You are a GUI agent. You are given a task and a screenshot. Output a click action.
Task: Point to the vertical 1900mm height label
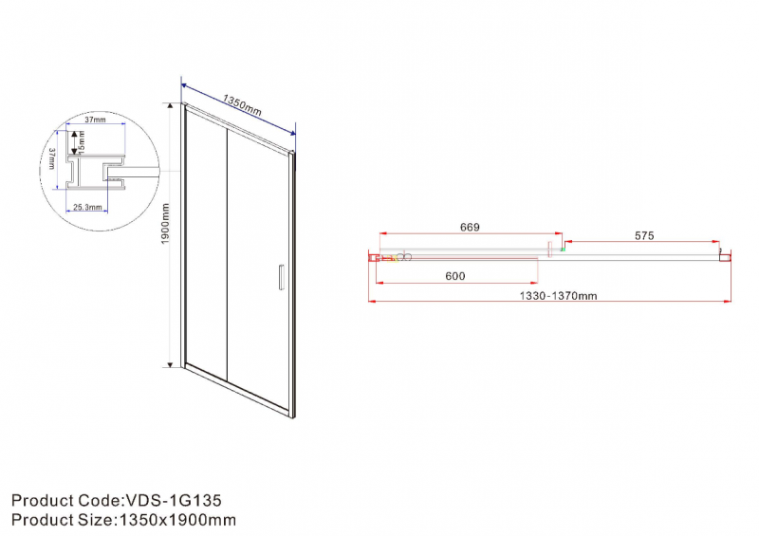point(165,233)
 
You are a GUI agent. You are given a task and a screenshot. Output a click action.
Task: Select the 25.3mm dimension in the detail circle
point(80,206)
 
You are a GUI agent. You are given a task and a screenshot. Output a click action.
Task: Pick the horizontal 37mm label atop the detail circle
point(94,121)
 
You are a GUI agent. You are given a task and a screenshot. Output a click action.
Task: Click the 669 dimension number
point(469,228)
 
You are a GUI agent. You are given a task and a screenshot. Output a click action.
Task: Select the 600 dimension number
point(454,276)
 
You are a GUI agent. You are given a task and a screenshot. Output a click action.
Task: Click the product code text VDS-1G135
point(174,500)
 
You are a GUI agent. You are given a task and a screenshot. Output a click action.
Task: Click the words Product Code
point(66,500)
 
